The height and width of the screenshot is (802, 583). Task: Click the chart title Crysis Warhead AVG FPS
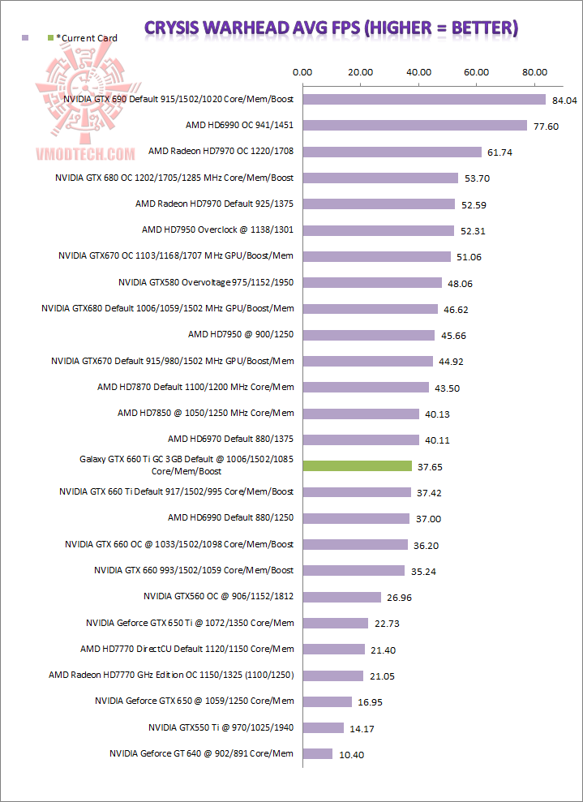[x=331, y=28]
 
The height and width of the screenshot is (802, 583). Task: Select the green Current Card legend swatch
[x=51, y=38]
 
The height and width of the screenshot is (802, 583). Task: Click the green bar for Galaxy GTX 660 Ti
[x=357, y=466]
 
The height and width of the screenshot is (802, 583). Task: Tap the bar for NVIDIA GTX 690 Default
[x=424, y=100]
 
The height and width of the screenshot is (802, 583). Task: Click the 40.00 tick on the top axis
[x=418, y=71]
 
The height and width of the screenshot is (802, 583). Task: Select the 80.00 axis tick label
[x=534, y=71]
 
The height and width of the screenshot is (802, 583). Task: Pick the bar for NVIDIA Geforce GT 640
[x=317, y=753]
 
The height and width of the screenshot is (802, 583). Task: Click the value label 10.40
[x=351, y=754]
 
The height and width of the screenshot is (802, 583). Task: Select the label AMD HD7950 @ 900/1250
[x=241, y=334]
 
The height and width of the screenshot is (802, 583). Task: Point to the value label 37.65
[x=430, y=467]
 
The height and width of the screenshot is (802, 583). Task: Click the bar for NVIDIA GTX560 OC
[x=341, y=597]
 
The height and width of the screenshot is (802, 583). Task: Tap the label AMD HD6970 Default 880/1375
[x=230, y=439]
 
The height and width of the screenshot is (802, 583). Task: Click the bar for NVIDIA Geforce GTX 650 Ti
[x=335, y=623]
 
